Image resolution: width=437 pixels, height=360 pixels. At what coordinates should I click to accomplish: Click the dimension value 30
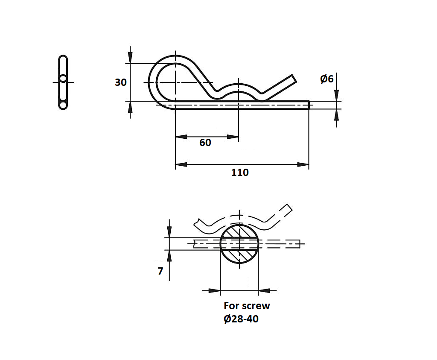(121, 82)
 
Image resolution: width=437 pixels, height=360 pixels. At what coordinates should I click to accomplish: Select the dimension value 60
(205, 143)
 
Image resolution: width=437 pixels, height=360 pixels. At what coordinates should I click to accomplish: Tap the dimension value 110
(240, 173)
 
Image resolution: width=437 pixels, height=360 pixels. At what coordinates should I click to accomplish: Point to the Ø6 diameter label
(327, 79)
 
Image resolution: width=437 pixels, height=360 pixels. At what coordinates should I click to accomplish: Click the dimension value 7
(160, 271)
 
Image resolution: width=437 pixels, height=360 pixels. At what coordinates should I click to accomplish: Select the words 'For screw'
(247, 306)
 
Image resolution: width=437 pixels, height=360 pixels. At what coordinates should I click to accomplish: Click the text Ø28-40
(241, 319)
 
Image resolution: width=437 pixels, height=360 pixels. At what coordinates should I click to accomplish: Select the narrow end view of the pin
(63, 82)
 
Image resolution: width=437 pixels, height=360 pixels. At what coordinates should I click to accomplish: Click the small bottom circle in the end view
(63, 105)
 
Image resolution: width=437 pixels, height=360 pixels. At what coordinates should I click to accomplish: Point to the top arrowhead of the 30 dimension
(130, 58)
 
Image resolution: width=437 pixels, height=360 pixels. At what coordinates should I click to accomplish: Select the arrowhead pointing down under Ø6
(337, 96)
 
